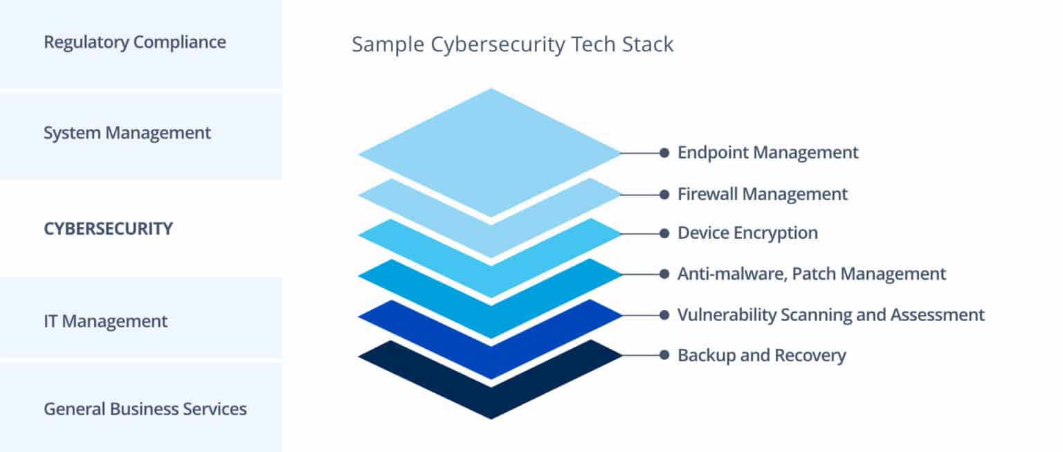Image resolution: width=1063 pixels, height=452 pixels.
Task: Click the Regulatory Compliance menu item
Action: point(134,42)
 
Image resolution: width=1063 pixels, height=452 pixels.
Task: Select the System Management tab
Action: point(127,133)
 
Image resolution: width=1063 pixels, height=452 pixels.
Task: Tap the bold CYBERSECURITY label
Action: point(108,228)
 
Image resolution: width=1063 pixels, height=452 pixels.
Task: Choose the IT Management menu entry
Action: point(105,321)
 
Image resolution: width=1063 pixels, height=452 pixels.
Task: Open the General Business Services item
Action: point(145,408)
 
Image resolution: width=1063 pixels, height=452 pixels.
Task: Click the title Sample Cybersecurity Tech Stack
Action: point(512,44)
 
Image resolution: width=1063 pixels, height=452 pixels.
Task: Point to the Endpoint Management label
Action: point(767,152)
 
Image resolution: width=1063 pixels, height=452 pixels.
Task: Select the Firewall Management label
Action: point(762,194)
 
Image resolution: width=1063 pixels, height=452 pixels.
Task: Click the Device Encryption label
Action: point(747,233)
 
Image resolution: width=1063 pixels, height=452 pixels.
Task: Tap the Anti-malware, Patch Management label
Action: point(811,274)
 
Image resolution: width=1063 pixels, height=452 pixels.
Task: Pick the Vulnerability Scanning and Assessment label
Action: point(830,315)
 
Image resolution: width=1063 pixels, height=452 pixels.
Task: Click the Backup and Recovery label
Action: point(761,356)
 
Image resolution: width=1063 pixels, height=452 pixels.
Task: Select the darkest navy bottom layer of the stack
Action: point(491,401)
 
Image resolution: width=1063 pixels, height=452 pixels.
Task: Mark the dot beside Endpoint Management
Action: point(664,152)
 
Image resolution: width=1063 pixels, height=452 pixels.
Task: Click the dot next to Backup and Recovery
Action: point(664,356)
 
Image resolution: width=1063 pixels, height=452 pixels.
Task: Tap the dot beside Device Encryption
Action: point(664,233)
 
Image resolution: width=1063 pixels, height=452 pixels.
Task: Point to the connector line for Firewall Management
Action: point(640,194)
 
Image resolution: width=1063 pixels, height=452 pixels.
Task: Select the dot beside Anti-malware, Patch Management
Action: point(664,274)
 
